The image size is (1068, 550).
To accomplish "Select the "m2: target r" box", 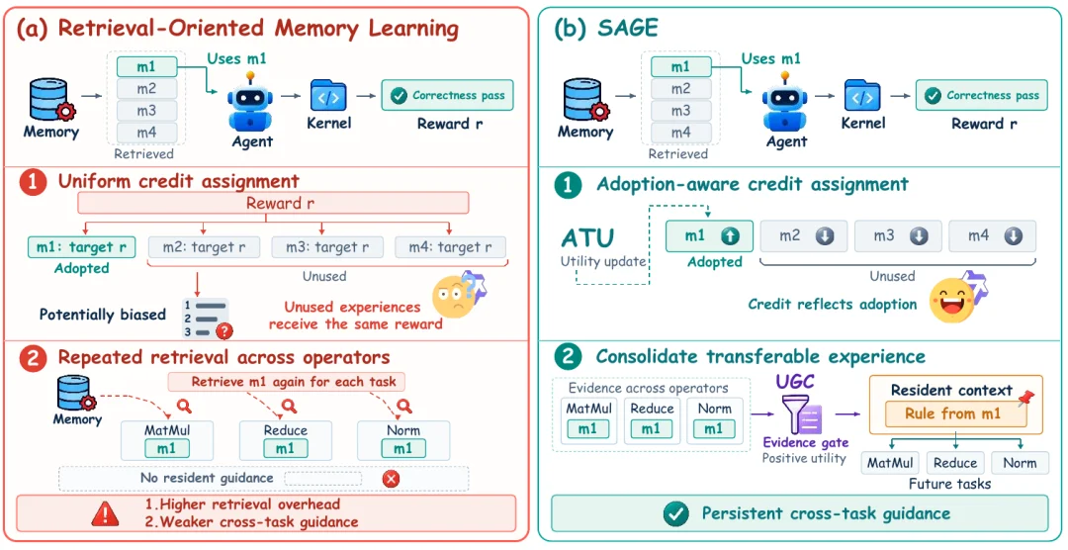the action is click(x=204, y=246).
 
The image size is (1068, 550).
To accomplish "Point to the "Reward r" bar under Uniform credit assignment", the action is click(x=274, y=203).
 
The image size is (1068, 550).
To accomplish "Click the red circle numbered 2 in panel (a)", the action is click(x=33, y=357).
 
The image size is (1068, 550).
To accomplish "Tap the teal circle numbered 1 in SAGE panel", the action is click(x=568, y=185).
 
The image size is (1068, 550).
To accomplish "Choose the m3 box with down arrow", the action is click(x=898, y=236).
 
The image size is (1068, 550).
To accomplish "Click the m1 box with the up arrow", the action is click(x=709, y=236).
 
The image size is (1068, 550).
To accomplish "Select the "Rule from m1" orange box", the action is click(x=955, y=413).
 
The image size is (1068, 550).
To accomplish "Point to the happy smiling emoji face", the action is click(x=951, y=301).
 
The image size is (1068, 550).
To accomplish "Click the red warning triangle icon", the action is click(x=104, y=514).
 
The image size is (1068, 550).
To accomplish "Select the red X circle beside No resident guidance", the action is click(x=391, y=479).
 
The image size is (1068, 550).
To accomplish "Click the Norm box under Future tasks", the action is click(x=1020, y=463).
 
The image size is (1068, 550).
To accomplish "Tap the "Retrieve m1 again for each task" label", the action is click(x=286, y=382).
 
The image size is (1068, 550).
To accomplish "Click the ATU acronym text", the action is click(x=587, y=238).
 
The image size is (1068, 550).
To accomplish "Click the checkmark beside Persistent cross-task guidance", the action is click(x=676, y=513).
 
